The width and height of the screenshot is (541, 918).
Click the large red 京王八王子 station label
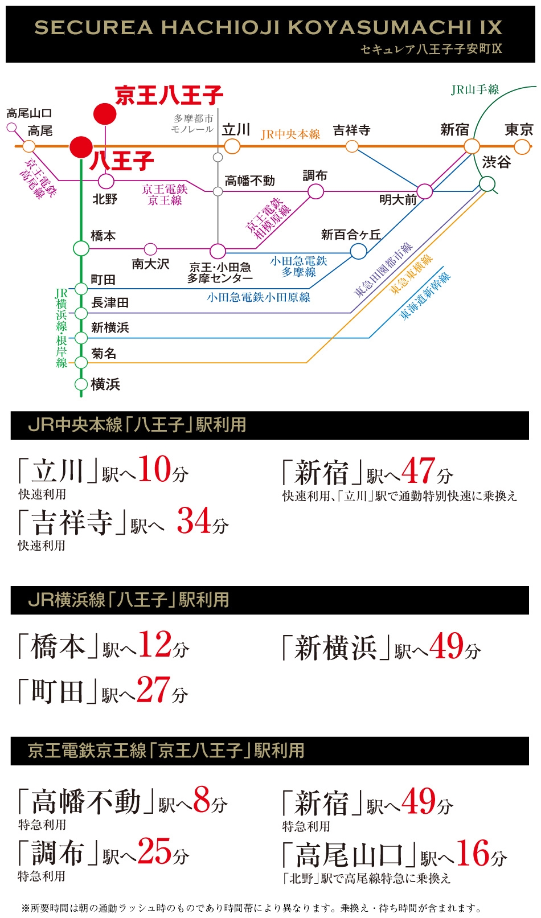(169, 96)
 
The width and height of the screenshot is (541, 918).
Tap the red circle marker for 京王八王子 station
(105, 113)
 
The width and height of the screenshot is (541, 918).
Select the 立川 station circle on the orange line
(232, 146)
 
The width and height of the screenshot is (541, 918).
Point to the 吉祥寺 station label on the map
(352, 130)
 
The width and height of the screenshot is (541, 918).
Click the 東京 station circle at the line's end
(522, 147)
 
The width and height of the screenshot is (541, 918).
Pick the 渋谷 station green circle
(487, 183)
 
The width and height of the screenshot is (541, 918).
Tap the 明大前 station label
(397, 200)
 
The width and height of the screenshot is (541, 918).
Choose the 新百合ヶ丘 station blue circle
(358, 251)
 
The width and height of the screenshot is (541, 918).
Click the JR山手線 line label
(475, 90)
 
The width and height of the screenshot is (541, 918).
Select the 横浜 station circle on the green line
(81, 384)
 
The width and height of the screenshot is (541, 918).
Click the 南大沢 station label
(150, 264)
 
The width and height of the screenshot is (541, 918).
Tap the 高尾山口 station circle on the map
(12, 128)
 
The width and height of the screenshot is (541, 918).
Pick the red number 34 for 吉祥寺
(194, 521)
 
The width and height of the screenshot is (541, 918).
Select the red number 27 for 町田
(153, 689)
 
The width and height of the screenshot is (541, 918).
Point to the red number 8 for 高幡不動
(202, 800)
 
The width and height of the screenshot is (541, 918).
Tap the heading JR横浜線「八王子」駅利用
(129, 600)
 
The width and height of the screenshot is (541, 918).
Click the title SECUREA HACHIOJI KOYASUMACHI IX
(268, 27)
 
